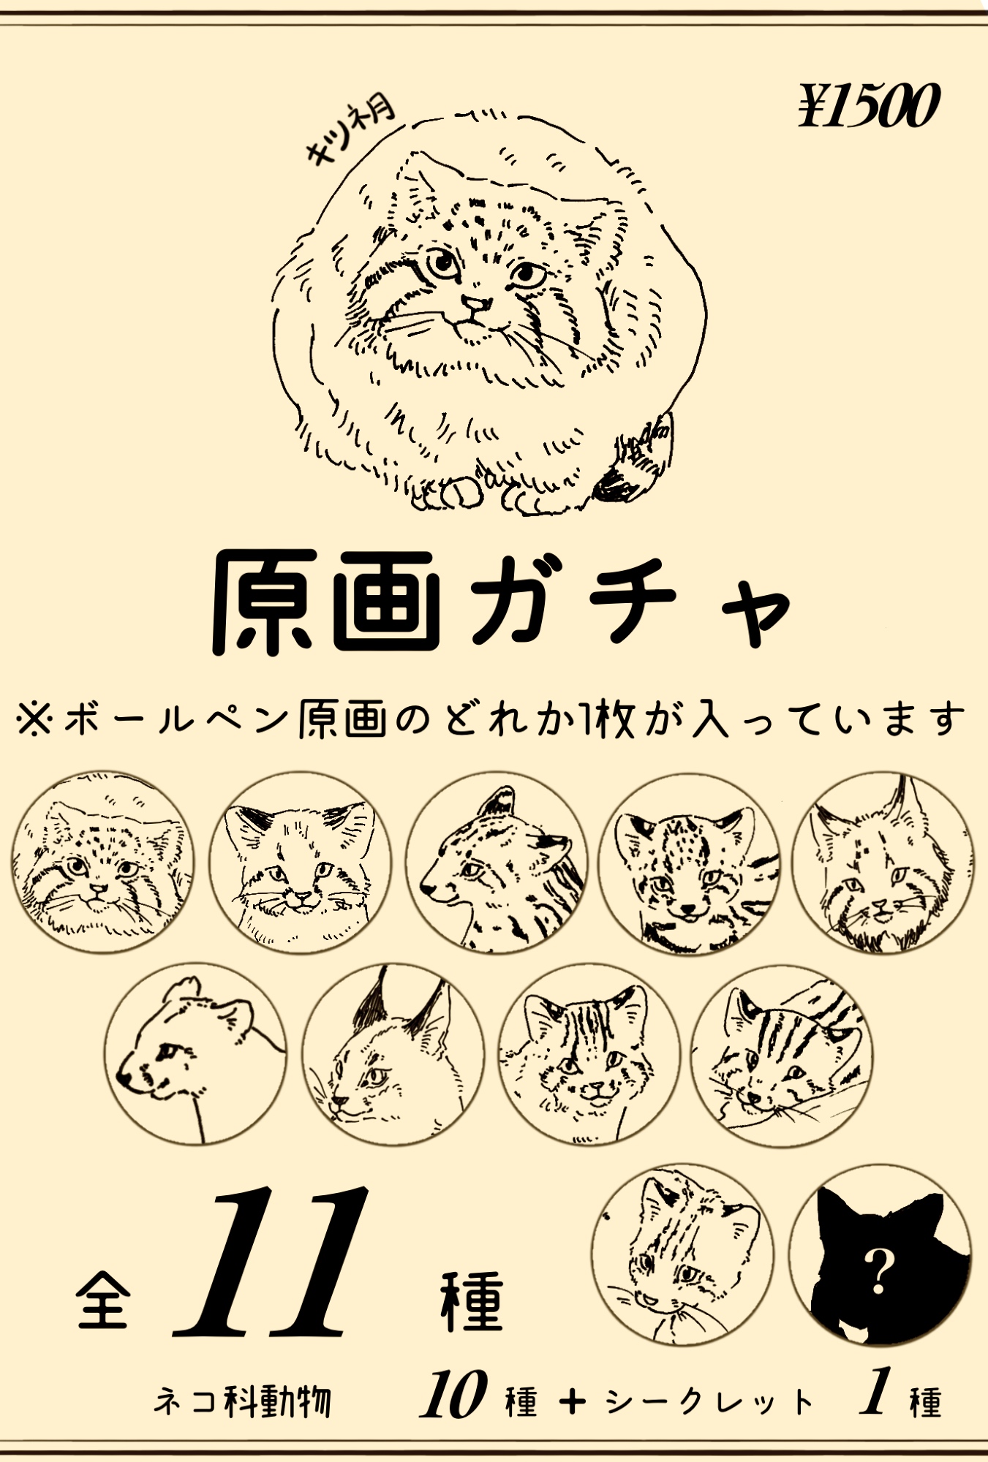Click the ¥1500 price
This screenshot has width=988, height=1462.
click(x=868, y=106)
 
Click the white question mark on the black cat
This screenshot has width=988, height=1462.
click(x=878, y=1272)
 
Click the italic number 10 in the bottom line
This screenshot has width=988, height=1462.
click(x=453, y=1395)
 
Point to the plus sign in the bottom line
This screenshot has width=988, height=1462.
click(x=573, y=1401)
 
